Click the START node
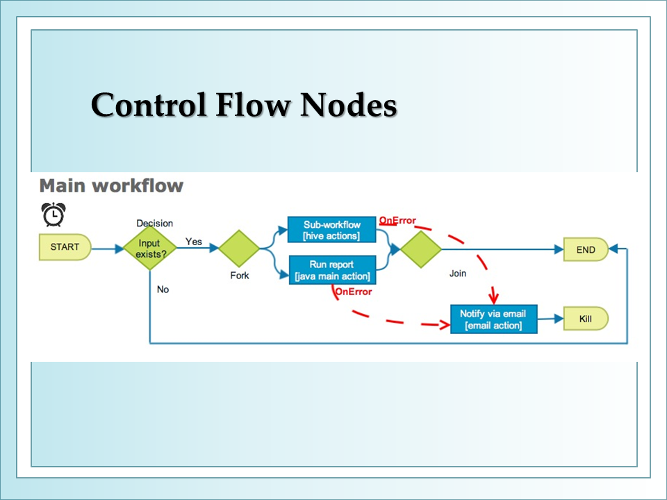(65, 247)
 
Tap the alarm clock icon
(53, 215)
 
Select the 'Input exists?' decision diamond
(150, 249)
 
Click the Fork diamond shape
(239, 249)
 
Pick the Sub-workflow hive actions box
(332, 230)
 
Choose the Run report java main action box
(333, 270)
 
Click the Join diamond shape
(421, 249)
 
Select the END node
(586, 249)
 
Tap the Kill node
(586, 319)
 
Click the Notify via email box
(493, 319)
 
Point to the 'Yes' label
(194, 242)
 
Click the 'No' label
(163, 290)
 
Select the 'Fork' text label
(240, 276)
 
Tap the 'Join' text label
(458, 274)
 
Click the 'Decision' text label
(154, 223)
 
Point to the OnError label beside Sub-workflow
(397, 220)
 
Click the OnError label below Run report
(354, 292)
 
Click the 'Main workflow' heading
(111, 186)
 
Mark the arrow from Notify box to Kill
(550, 319)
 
